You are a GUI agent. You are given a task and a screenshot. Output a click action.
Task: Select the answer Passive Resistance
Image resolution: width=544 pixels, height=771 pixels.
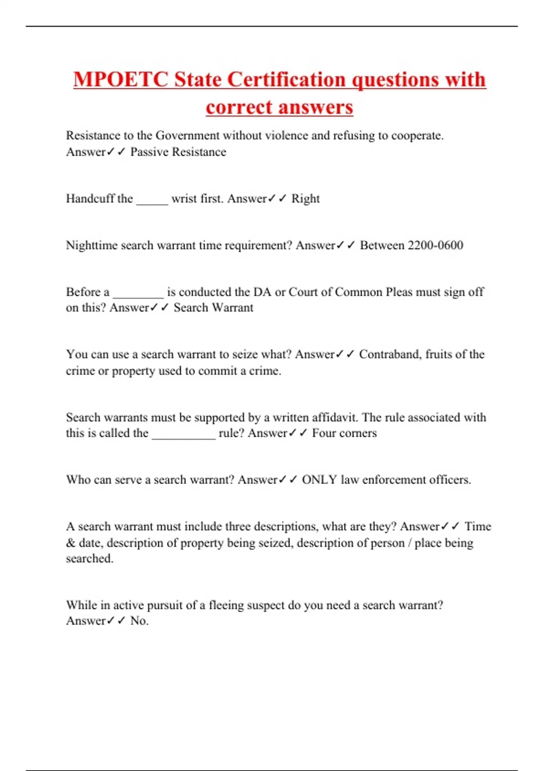click(178, 152)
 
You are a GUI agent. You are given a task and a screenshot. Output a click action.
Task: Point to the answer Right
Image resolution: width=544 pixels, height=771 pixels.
click(305, 199)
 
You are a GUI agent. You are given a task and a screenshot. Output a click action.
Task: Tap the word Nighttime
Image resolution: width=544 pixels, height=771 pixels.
click(92, 245)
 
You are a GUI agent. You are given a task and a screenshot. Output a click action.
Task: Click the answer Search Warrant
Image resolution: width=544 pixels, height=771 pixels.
click(214, 307)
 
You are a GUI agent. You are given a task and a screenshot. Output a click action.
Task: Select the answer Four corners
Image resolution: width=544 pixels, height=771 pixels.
click(344, 433)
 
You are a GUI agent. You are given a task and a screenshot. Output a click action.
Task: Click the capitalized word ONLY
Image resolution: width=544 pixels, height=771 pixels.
click(319, 480)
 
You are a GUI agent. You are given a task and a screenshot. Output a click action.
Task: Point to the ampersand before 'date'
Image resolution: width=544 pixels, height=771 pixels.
click(70, 543)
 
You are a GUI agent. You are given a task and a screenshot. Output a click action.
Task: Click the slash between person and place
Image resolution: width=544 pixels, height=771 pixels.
click(409, 543)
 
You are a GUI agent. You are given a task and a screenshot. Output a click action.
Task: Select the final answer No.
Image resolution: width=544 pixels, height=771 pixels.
click(139, 621)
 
